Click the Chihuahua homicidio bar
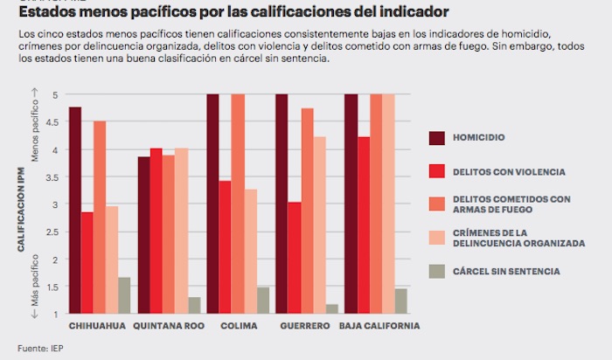pos(75,210)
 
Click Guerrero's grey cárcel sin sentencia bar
pos(331,308)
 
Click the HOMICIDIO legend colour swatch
pos(437,137)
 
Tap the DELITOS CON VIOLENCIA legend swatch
pos(437,171)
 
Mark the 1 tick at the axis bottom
pos(56,314)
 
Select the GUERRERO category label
pos(305,327)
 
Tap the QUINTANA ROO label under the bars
pos(168,327)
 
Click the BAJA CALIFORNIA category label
pos(381,327)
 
